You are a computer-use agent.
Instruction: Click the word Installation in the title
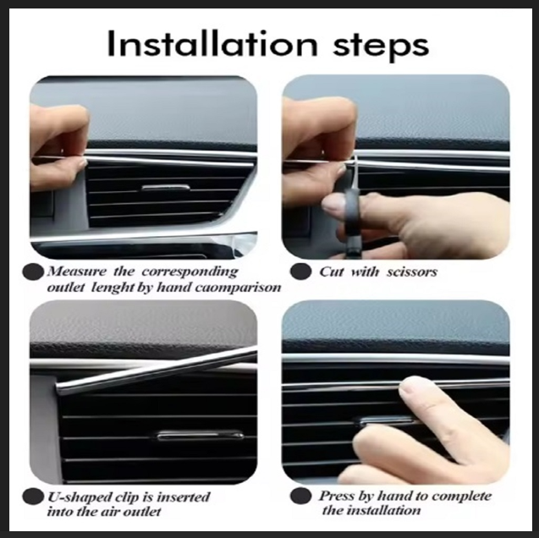212,44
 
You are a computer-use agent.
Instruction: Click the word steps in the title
381,47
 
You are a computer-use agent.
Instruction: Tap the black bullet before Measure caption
33,272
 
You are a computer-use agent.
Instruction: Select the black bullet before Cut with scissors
300,272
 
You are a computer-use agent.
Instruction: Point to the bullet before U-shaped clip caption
33,497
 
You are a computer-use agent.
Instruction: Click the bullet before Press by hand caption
300,496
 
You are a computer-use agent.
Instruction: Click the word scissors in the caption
412,272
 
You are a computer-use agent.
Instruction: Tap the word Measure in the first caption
77,272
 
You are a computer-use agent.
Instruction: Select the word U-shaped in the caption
73,497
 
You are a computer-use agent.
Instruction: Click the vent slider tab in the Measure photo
165,188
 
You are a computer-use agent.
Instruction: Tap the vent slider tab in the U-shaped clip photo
201,436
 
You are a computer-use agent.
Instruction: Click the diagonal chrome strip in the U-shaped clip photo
157,371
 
